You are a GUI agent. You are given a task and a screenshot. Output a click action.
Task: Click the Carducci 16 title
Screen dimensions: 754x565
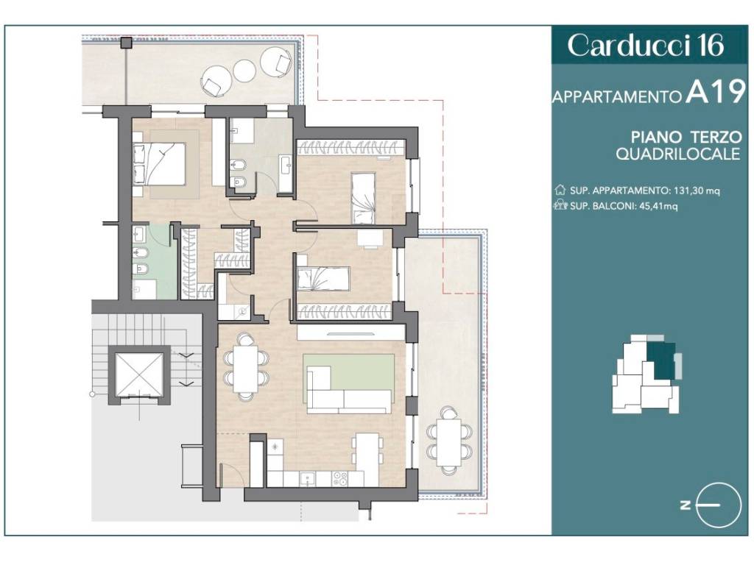pyautogui.click(x=645, y=46)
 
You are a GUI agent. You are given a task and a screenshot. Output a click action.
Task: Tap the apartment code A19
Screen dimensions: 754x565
pyautogui.click(x=716, y=92)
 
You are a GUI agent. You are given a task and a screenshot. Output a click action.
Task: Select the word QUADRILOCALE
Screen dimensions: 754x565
pyautogui.click(x=678, y=154)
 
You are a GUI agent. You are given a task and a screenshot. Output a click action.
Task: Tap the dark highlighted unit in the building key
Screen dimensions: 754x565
pyautogui.click(x=662, y=360)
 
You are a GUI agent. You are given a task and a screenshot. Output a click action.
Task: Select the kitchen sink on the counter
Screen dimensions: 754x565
pyautogui.click(x=307, y=478)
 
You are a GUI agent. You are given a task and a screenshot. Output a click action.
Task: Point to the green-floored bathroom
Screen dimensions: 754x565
pyautogui.click(x=154, y=262)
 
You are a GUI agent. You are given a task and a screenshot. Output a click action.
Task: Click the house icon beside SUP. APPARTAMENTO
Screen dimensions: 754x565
pyautogui.click(x=560, y=191)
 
